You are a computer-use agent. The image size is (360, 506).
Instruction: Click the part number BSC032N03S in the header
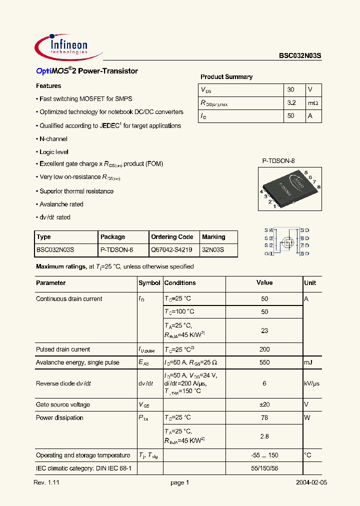tap(300, 57)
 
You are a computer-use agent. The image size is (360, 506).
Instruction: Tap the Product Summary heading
tap(226, 77)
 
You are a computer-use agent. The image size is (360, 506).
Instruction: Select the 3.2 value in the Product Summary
tap(292, 103)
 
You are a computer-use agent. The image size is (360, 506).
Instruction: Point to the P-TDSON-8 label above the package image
tap(278, 161)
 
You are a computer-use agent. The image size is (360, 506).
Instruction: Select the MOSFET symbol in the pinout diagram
tap(287, 242)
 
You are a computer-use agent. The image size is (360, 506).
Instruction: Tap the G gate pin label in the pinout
tap(266, 254)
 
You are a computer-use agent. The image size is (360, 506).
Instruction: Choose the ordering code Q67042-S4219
tap(171, 249)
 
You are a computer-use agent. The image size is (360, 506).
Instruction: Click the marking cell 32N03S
tap(213, 249)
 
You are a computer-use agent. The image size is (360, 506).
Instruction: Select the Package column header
tap(113, 237)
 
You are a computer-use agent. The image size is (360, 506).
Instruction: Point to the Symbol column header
tap(149, 283)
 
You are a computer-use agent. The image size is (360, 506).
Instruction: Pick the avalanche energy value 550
tap(264, 362)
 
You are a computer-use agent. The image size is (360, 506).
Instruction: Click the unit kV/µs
tap(312, 383)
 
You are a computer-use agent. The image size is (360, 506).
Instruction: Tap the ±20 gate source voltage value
tap(264, 405)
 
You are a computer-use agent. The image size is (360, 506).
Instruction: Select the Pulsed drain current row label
tap(63, 349)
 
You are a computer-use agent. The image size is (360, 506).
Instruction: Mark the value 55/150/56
tap(264, 468)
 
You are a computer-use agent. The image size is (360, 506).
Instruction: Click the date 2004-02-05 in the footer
tap(311, 483)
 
